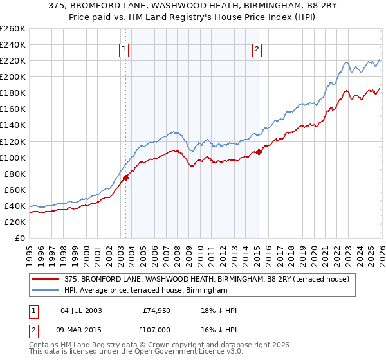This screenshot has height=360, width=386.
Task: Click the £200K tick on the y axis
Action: pyautogui.click(x=12, y=76)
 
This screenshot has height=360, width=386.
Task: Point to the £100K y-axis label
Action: pyautogui.click(x=12, y=157)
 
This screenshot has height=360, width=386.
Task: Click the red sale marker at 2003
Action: pyautogui.click(x=126, y=177)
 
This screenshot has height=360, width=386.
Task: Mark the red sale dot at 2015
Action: pyautogui.click(x=259, y=152)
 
